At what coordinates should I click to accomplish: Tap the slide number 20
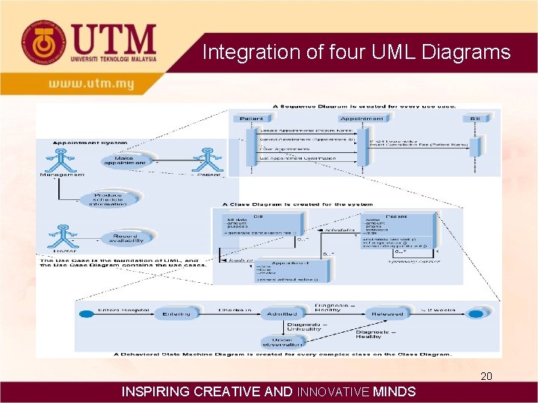pos(486,376)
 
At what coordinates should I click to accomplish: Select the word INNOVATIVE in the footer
pos(333,392)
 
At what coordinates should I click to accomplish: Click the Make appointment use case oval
pos(120,160)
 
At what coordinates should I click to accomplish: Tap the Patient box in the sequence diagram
pos(256,119)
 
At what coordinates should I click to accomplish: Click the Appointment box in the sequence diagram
pos(362,119)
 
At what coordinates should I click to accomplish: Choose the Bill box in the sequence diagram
pos(474,119)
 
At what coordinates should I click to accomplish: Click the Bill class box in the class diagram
pos(258,225)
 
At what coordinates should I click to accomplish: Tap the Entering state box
pos(176,313)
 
